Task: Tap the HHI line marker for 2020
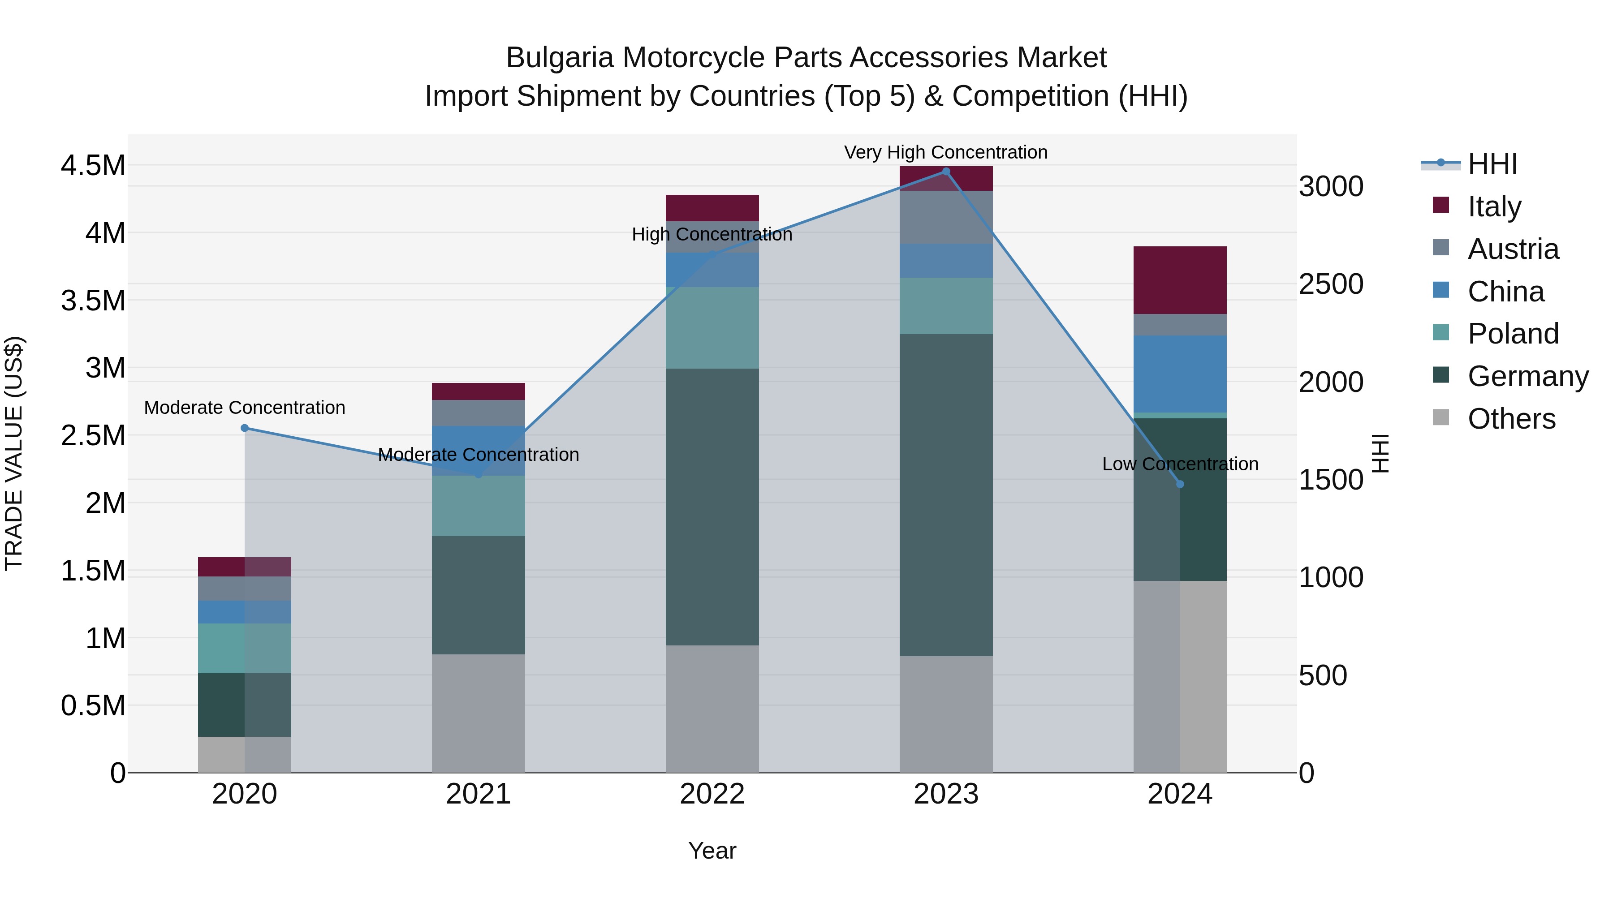tap(245, 428)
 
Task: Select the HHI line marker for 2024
tap(1180, 484)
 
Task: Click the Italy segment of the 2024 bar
tap(1180, 280)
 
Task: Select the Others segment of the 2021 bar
tap(479, 713)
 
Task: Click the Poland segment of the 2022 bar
tap(712, 327)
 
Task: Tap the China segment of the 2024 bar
tap(1180, 374)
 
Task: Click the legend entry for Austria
tap(1513, 249)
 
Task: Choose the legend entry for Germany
tap(1527, 376)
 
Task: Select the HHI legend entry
tap(1492, 164)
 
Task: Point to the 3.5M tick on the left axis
tap(93, 301)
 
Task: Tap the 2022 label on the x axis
tap(712, 794)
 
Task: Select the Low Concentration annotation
tap(1180, 464)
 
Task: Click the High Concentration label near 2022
tap(712, 234)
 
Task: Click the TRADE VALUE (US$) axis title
tap(14, 453)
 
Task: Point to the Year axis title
tap(712, 851)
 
